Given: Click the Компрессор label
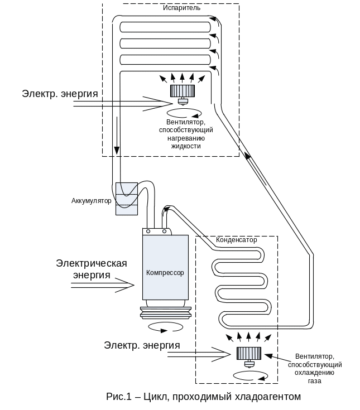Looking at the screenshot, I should (x=165, y=273).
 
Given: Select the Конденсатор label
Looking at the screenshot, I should (x=237, y=240).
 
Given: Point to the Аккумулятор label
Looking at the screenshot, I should (x=92, y=201).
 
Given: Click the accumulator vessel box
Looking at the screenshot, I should (x=127, y=199).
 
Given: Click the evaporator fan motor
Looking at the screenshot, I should (x=182, y=91).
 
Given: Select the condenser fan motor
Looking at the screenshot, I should (x=248, y=354).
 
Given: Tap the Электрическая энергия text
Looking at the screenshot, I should (x=92, y=269).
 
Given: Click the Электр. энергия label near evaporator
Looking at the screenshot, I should (x=60, y=93).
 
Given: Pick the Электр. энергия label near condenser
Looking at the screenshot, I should (x=142, y=345).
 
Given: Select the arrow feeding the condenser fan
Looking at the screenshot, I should (x=207, y=353).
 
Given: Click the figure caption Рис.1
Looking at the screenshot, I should (x=204, y=397).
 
